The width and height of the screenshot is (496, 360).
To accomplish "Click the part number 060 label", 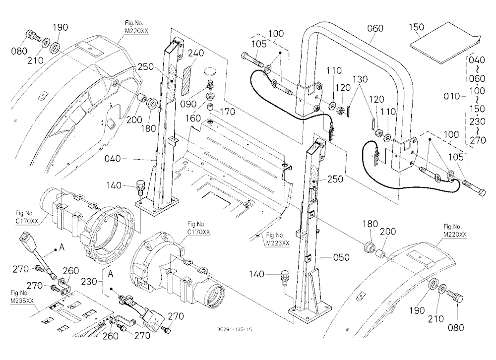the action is click(375, 28).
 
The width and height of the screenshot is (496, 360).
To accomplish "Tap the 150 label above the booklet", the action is click(416, 27).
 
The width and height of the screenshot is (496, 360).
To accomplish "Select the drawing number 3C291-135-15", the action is click(235, 329).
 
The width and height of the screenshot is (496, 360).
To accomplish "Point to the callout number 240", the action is click(196, 53).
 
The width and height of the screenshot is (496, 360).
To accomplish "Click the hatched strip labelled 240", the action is click(186, 79).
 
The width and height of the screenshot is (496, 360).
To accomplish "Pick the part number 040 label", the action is click(113, 159).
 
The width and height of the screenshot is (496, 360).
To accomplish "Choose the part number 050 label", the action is click(341, 257).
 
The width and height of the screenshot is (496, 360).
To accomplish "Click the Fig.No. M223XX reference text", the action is click(277, 239).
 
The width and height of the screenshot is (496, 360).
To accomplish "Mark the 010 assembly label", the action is click(451, 96).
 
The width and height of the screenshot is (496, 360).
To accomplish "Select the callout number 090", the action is click(188, 104).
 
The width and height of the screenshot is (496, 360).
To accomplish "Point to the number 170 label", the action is click(228, 112).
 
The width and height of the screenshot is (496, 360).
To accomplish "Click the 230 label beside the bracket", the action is click(89, 281).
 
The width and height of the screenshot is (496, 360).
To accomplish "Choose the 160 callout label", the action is click(193, 119).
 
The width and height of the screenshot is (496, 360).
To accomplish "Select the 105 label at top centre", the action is click(259, 44).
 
